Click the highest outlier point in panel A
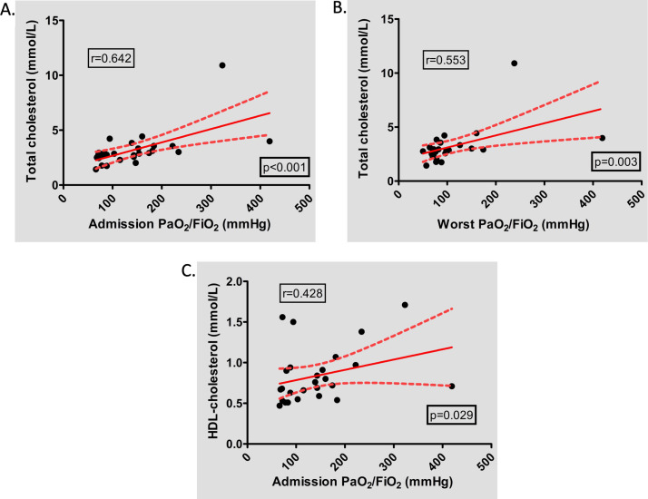click(221, 65)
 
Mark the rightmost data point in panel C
click(451, 386)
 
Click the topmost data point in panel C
click(405, 305)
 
